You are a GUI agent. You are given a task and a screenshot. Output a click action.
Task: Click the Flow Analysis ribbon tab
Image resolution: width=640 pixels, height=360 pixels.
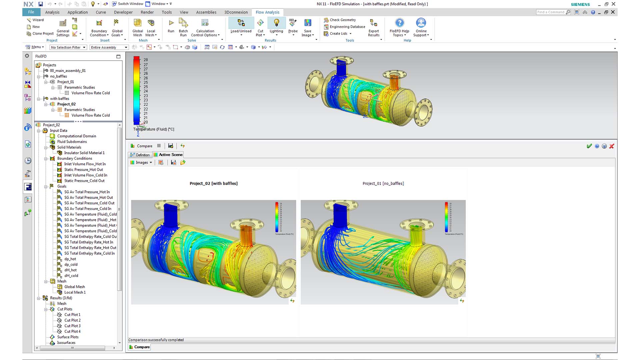tap(267, 12)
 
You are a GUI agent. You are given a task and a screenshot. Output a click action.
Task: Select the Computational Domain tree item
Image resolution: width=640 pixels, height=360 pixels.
tap(76, 136)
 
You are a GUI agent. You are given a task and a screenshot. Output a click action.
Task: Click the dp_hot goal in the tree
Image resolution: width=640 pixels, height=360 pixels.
tap(70, 259)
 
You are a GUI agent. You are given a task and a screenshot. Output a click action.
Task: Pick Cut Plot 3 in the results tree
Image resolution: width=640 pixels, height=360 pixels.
tap(72, 326)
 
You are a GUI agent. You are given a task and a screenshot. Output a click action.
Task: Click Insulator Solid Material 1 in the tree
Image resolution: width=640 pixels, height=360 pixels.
tap(84, 153)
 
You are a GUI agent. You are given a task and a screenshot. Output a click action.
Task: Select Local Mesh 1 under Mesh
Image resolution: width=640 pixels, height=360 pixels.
tap(75, 292)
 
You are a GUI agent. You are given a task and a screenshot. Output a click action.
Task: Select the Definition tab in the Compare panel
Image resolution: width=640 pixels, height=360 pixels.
tap(140, 155)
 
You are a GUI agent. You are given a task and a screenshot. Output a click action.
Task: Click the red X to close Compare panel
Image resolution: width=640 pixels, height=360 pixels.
tap(612, 146)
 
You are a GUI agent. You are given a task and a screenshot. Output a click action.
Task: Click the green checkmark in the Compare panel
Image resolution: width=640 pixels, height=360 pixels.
tap(589, 146)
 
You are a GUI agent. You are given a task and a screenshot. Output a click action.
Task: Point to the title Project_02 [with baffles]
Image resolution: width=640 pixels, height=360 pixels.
tap(213, 184)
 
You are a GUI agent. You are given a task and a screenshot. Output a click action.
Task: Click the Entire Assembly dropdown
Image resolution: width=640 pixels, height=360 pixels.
tap(109, 47)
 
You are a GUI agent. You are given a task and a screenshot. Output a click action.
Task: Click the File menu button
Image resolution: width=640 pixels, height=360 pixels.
tap(31, 12)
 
